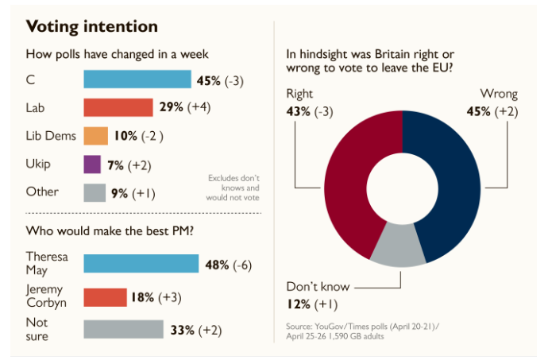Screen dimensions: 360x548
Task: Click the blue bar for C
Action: pyautogui.click(x=137, y=79)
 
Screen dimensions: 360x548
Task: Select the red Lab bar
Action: pyautogui.click(x=118, y=107)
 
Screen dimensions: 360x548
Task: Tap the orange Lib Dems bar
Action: pyautogui.click(x=95, y=136)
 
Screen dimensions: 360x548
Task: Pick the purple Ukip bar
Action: pyautogui.click(x=91, y=165)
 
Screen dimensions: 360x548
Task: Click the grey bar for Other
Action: pyautogui.click(x=95, y=192)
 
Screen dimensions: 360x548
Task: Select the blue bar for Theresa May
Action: pyautogui.click(x=141, y=264)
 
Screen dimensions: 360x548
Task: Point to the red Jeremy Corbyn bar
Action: pyautogui.click(x=105, y=297)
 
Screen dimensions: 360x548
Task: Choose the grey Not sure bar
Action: pyautogui.click(x=123, y=329)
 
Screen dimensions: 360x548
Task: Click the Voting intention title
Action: pyautogui.click(x=92, y=26)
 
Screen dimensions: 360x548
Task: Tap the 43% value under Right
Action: pyautogui.click(x=299, y=111)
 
